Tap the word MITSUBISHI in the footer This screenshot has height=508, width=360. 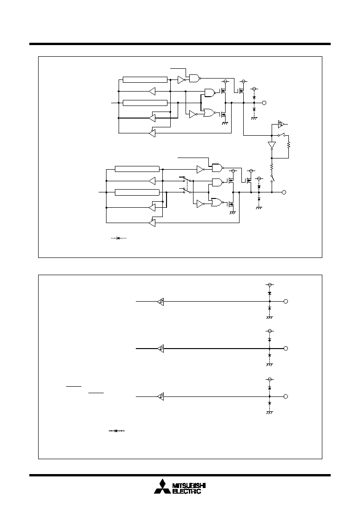(189, 486)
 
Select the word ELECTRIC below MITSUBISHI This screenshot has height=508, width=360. (187, 491)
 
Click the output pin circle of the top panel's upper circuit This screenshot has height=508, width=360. (264, 103)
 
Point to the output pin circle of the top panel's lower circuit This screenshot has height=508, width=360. (284, 192)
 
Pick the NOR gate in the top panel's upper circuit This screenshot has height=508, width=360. (209, 112)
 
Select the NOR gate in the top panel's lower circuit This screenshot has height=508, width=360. (217, 202)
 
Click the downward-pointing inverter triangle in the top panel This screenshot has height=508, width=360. (272, 145)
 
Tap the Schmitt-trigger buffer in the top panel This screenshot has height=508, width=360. (281, 124)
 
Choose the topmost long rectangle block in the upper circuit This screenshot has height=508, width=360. (145, 79)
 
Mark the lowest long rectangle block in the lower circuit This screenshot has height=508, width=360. (137, 192)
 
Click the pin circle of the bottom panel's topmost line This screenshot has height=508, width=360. (286, 301)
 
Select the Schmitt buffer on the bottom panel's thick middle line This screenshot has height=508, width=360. (160, 349)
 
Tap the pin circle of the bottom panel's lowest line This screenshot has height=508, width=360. (286, 396)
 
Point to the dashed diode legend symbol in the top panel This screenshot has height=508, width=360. (119, 238)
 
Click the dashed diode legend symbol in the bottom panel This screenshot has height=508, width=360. (116, 431)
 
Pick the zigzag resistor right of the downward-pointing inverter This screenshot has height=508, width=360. (289, 145)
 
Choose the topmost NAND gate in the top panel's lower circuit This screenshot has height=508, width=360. (217, 167)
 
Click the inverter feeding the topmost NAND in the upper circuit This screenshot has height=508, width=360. (181, 79)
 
